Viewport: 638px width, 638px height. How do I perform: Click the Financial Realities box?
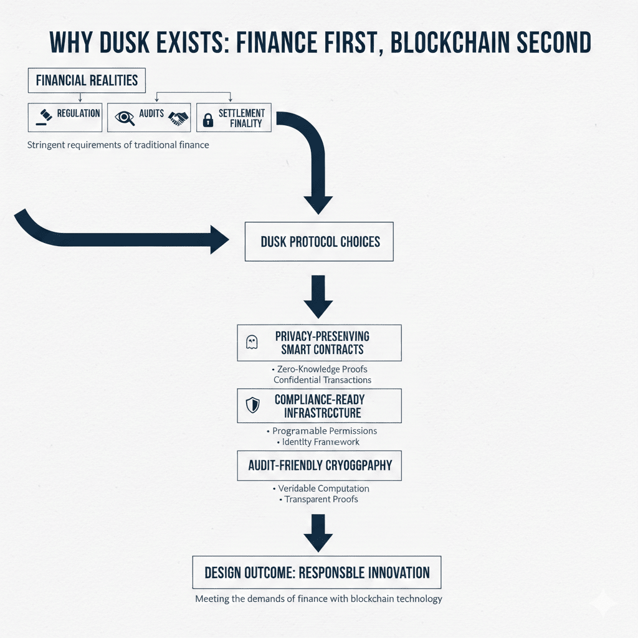click(x=87, y=80)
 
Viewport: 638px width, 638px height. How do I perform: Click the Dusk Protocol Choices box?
click(x=319, y=241)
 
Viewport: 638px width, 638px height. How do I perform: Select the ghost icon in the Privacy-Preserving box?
click(x=252, y=342)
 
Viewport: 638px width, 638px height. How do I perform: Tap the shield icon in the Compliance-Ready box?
click(x=252, y=406)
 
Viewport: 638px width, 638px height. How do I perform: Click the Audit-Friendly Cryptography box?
click(x=320, y=465)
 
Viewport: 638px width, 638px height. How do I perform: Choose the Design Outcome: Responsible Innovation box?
click(x=317, y=572)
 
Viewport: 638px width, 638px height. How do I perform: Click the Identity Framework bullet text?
click(x=320, y=442)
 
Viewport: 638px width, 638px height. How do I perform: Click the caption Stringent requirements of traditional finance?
click(x=118, y=145)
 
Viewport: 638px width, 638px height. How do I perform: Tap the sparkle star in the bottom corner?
click(x=604, y=604)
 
